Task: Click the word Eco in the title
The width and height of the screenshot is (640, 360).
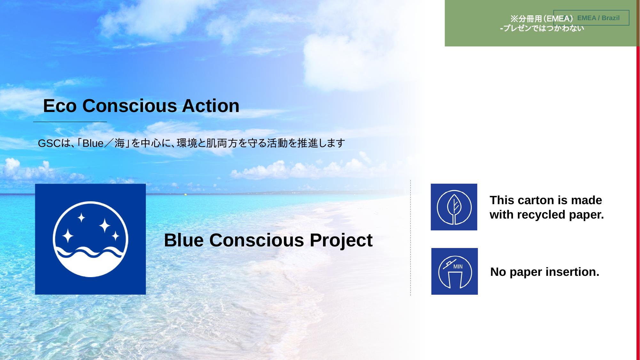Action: pyautogui.click(x=60, y=106)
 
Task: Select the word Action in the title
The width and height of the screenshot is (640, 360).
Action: pyautogui.click(x=211, y=106)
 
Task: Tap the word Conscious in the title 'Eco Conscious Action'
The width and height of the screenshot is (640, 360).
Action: pyautogui.click(x=130, y=106)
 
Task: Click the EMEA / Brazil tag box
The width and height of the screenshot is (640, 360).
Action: pyautogui.click(x=591, y=18)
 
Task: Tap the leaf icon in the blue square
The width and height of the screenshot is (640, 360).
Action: pyautogui.click(x=454, y=207)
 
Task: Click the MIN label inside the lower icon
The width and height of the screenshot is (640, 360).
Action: pyautogui.click(x=458, y=267)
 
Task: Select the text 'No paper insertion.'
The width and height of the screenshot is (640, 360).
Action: pyautogui.click(x=545, y=272)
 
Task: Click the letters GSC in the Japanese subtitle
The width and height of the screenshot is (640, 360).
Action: pyautogui.click(x=49, y=143)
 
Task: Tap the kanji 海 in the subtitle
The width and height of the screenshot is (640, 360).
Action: pyautogui.click(x=120, y=143)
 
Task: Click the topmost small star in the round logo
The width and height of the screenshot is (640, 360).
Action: pyautogui.click(x=81, y=218)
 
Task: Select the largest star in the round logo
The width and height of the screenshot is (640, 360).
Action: pyautogui.click(x=105, y=226)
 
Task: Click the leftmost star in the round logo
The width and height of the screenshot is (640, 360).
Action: pyautogui.click(x=67, y=236)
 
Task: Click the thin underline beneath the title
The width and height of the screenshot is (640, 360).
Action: pyautogui.click(x=70, y=122)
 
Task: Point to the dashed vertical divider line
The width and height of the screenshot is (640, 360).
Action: pyautogui.click(x=411, y=238)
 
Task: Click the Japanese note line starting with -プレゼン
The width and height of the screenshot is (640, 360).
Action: pyautogui.click(x=542, y=28)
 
